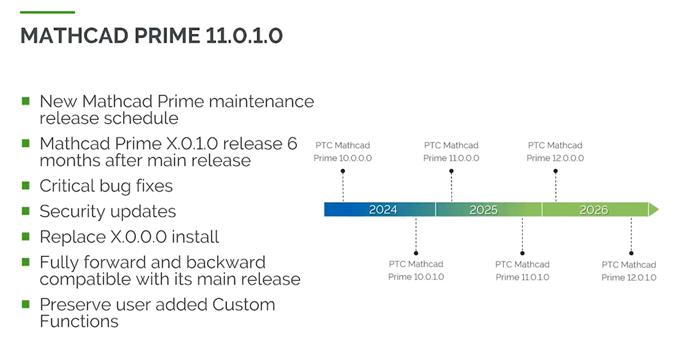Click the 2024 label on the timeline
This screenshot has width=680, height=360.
383,210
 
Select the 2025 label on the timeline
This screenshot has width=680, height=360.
483,210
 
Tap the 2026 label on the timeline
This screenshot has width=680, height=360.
593,210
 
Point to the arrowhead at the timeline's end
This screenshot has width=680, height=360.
654,210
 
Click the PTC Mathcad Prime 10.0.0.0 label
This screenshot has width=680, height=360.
342,151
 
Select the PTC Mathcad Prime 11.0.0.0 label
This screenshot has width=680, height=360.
451,151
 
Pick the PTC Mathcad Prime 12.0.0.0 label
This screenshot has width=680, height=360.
555,151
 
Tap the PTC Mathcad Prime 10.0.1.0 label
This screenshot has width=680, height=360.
416,270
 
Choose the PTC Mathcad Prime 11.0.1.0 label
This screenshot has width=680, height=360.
522,270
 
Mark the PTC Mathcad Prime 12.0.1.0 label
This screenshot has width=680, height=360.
629,271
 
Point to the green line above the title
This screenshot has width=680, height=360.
47,12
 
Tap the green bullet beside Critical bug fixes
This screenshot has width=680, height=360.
26,185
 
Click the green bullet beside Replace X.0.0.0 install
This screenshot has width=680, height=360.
26,236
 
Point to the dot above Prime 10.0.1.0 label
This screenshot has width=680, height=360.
416,253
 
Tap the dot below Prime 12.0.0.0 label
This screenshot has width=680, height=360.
556,171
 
